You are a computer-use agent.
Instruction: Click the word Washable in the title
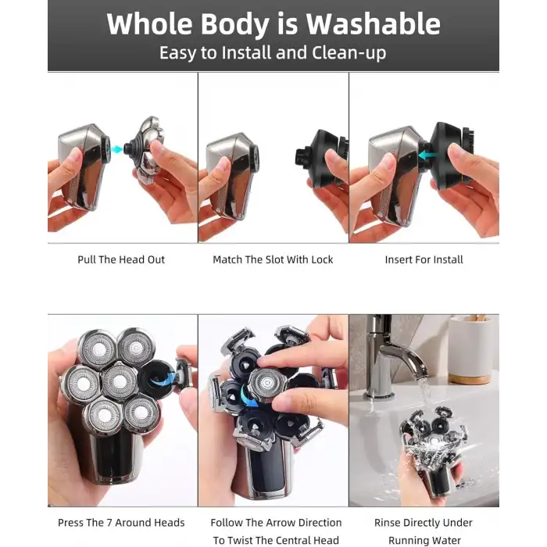(x=373, y=24)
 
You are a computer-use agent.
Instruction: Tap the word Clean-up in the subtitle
(x=349, y=53)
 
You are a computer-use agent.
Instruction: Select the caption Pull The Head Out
(x=121, y=259)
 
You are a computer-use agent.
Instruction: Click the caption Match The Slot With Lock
(x=273, y=259)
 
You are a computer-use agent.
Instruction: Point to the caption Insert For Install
(x=424, y=259)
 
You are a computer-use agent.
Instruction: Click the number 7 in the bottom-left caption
(x=109, y=523)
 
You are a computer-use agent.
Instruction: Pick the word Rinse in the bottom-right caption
(x=387, y=523)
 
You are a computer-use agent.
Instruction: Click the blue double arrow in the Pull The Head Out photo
(x=116, y=149)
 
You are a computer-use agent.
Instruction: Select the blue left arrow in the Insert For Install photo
(x=427, y=156)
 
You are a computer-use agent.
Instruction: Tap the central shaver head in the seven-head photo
(x=119, y=381)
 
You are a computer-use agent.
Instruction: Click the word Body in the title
(x=234, y=24)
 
